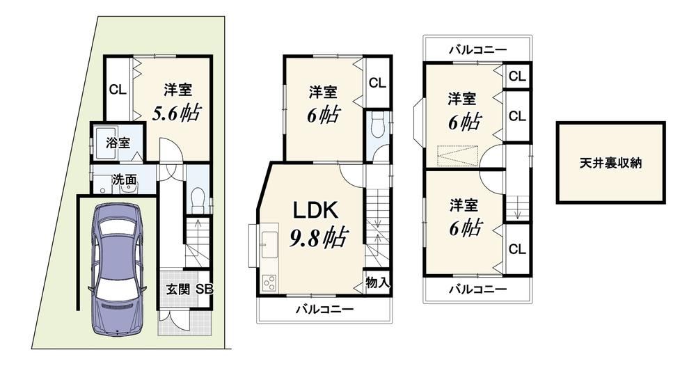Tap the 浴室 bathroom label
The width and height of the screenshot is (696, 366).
click(x=118, y=143)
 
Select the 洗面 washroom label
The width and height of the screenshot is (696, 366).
click(x=124, y=180)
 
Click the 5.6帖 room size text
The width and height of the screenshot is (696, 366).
click(x=175, y=113)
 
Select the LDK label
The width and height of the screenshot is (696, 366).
click(x=315, y=210)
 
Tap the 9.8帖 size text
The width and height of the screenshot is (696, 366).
click(x=319, y=237)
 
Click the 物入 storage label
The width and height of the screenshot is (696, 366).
click(x=378, y=283)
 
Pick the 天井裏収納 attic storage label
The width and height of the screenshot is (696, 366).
click(x=610, y=163)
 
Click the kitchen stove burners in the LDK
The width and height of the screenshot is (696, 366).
click(x=269, y=283)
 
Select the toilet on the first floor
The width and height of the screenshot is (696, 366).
click(x=197, y=200)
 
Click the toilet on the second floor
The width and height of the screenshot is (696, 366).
click(x=378, y=125)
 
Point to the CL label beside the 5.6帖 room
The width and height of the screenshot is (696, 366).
click(x=118, y=90)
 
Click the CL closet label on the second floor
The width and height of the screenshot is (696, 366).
click(x=377, y=83)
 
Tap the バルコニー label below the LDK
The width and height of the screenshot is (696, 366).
click(x=325, y=309)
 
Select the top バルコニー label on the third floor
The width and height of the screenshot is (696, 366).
click(x=477, y=49)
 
